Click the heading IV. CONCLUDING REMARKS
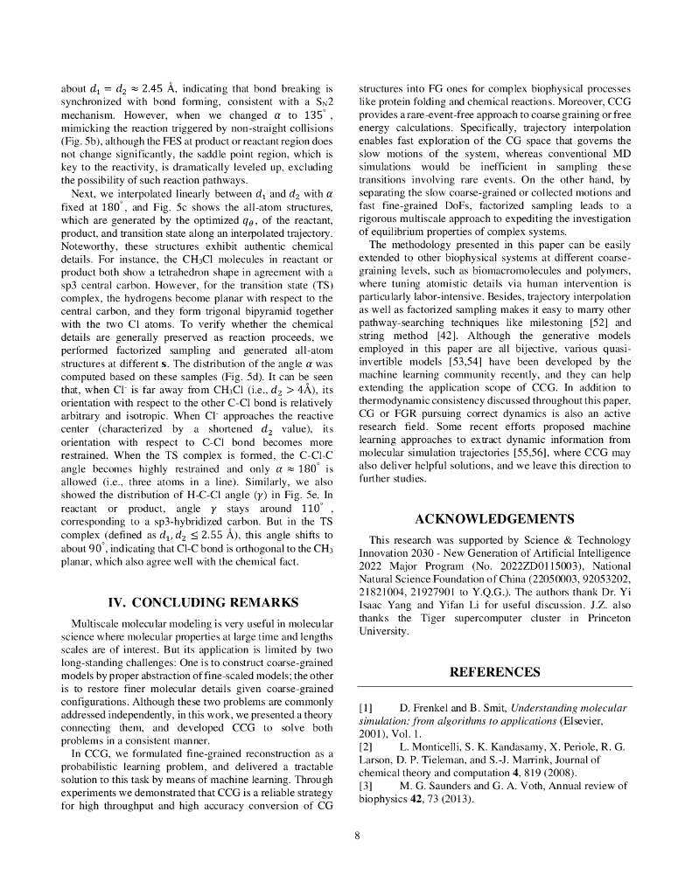[202, 602]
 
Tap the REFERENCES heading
[495, 672]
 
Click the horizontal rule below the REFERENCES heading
[495, 688]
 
